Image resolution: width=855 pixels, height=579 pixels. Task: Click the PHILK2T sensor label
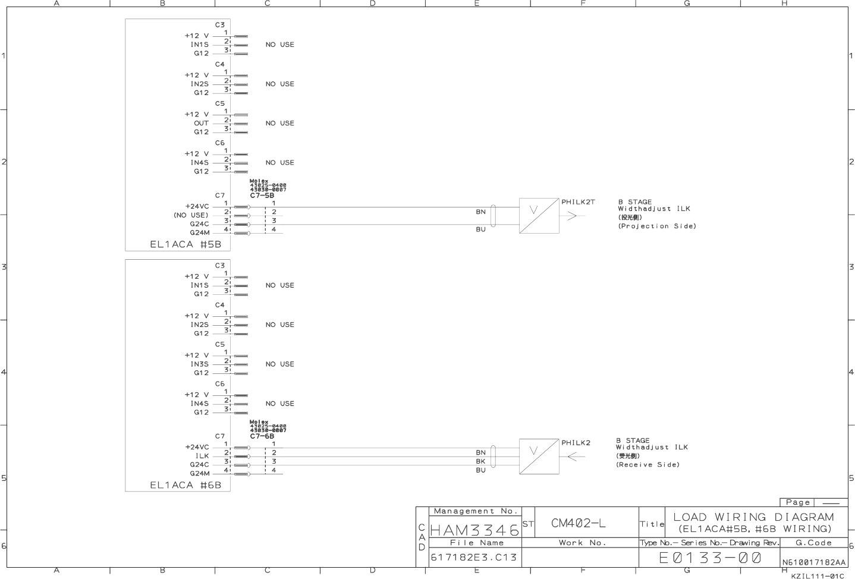coord(578,202)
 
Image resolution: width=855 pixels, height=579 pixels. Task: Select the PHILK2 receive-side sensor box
coord(539,457)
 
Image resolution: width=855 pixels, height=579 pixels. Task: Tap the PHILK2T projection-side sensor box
coord(539,216)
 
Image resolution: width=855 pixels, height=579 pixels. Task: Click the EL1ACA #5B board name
coord(186,244)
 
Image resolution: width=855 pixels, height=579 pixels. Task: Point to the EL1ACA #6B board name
coord(186,485)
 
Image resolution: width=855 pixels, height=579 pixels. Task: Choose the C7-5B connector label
coord(262,195)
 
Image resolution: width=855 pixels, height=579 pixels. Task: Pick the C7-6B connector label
coord(262,436)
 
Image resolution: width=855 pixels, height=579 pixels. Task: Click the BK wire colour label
coord(480,461)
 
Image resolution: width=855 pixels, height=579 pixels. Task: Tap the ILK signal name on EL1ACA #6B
coord(202,456)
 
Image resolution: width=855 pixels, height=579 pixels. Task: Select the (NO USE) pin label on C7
coord(191,215)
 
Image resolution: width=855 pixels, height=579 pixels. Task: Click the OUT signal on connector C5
coord(201,123)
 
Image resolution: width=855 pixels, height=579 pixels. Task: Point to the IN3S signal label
coord(200,364)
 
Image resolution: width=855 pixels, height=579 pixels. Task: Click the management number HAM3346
coord(474,529)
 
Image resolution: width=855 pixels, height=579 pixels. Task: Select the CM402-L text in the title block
coord(579,523)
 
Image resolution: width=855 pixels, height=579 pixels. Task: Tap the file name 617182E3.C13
coord(474,558)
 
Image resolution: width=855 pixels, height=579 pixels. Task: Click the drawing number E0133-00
coord(709,558)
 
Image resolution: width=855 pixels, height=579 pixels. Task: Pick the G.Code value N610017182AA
coord(813,562)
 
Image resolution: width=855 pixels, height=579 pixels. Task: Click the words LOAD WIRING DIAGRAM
coord(753,517)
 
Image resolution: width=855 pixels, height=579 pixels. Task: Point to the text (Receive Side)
coord(647,464)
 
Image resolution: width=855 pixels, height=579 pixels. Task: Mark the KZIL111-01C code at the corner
coord(817,575)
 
